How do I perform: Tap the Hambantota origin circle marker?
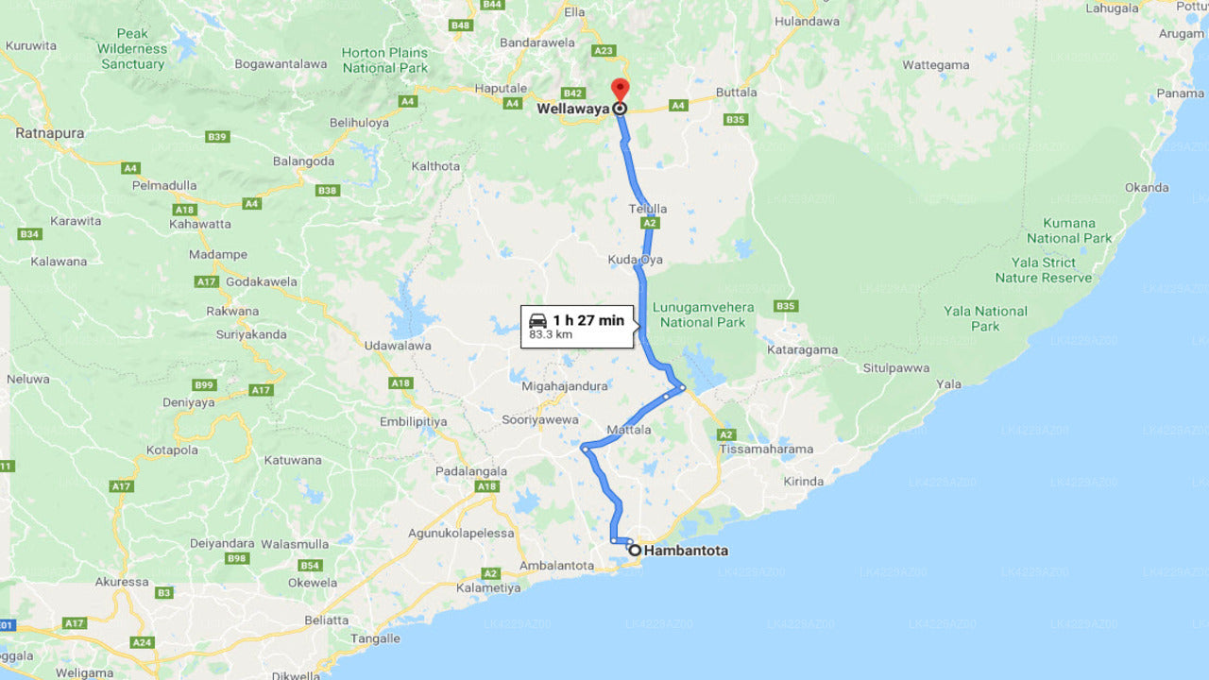(635, 550)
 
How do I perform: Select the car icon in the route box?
(537, 320)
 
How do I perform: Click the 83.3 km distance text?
(551, 334)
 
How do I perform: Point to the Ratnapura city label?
(49, 133)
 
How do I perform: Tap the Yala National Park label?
(985, 318)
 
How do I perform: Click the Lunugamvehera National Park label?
(703, 314)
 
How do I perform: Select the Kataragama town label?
(803, 349)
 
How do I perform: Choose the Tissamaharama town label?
(766, 449)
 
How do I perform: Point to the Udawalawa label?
(398, 346)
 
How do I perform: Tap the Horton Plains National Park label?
(384, 60)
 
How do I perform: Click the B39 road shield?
(217, 137)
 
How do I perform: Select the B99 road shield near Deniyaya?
(204, 384)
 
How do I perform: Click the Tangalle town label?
(375, 638)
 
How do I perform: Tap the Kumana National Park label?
(1069, 230)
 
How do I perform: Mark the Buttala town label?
(737, 93)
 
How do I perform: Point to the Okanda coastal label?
(1147, 187)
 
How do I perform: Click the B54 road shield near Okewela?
(310, 565)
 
